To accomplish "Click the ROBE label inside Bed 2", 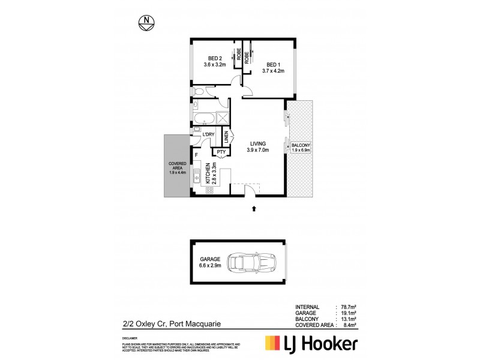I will [x=238, y=58].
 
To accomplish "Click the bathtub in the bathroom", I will [x=202, y=118].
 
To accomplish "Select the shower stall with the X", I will [x=223, y=118].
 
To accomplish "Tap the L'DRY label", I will [x=208, y=134].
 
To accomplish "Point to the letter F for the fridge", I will [x=196, y=155].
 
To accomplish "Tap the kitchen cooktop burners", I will [x=210, y=190].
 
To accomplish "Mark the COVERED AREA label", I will [x=178, y=167].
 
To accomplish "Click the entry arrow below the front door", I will [x=254, y=208].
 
